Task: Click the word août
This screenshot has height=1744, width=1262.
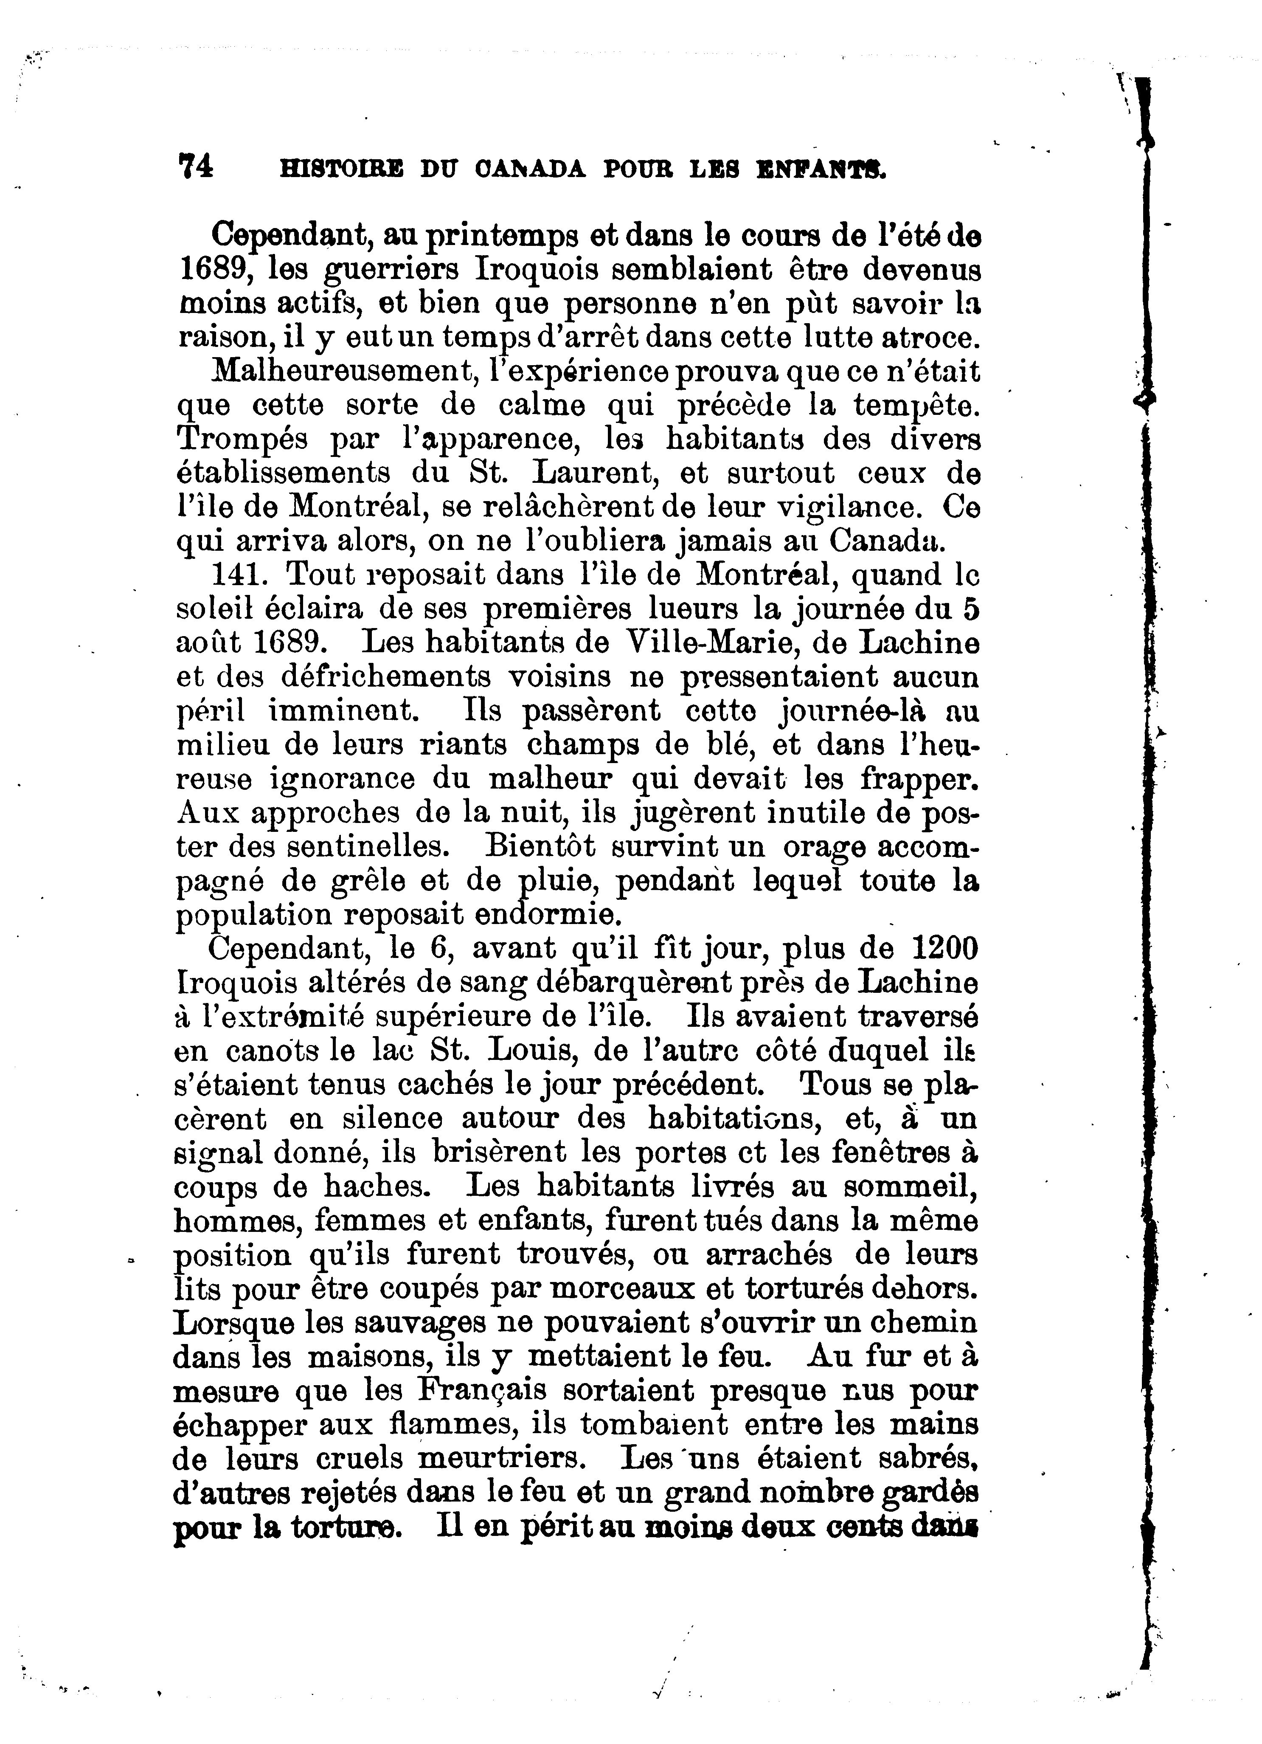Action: pos(209,643)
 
